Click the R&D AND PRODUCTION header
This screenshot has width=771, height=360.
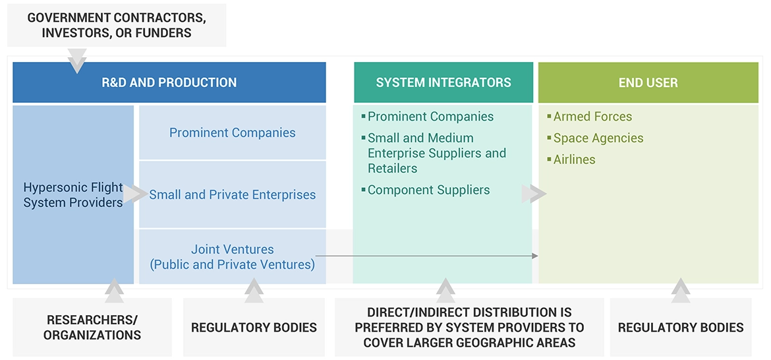pyautogui.click(x=169, y=82)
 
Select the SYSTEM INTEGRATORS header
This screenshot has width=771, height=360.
pyautogui.click(x=443, y=82)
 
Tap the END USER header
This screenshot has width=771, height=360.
pyautogui.click(x=648, y=82)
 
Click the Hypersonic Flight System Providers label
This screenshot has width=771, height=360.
pyautogui.click(x=73, y=195)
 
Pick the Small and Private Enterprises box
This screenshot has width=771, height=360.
pyautogui.click(x=232, y=195)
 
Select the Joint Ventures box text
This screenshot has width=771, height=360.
pyautogui.click(x=232, y=257)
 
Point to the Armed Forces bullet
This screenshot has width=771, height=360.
pyautogui.click(x=592, y=117)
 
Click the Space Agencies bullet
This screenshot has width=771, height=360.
pyautogui.click(x=598, y=138)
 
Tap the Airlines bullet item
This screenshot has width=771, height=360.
pyautogui.click(x=574, y=160)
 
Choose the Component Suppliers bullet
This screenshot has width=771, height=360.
pyautogui.click(x=428, y=190)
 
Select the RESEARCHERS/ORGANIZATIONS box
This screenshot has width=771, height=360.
pyautogui.click(x=92, y=327)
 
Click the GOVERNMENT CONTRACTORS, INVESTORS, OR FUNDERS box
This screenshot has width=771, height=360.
pyautogui.click(x=117, y=25)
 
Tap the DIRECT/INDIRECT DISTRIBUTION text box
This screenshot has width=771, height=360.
pyautogui.click(x=469, y=327)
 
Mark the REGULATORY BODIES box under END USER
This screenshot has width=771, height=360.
pyautogui.click(x=681, y=327)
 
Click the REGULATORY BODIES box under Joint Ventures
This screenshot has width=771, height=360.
pyautogui.click(x=254, y=327)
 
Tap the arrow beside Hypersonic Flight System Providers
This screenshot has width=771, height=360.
pyautogui.click(x=136, y=194)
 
